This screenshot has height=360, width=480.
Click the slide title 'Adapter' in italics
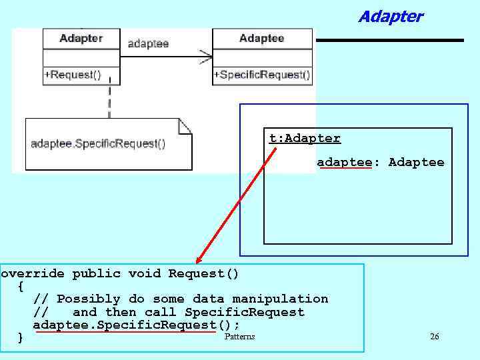pos(390,17)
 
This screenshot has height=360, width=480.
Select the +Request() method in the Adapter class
pos(73,75)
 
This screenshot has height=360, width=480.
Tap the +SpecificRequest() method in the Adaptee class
pos(261,75)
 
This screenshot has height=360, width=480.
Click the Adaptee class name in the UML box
pos(261,39)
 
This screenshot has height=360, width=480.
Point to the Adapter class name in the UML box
pos(81,39)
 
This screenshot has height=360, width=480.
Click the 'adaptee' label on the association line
pos(147,44)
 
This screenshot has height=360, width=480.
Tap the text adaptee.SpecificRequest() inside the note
pos(98,143)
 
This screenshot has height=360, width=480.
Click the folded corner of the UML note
pos(185,125)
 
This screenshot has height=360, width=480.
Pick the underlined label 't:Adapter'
pos(305,139)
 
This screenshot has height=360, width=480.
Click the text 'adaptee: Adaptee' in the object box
pos(380,163)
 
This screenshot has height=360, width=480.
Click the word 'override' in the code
pos(33,274)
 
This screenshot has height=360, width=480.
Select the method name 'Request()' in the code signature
pos(203,274)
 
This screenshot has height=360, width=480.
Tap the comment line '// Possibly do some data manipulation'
pos(181,299)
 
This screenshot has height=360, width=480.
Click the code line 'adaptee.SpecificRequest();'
pos(137,325)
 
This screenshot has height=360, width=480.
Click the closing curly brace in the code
pos(21,338)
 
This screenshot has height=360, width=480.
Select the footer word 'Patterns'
pos(239,337)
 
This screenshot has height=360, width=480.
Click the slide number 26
pos(435,337)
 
